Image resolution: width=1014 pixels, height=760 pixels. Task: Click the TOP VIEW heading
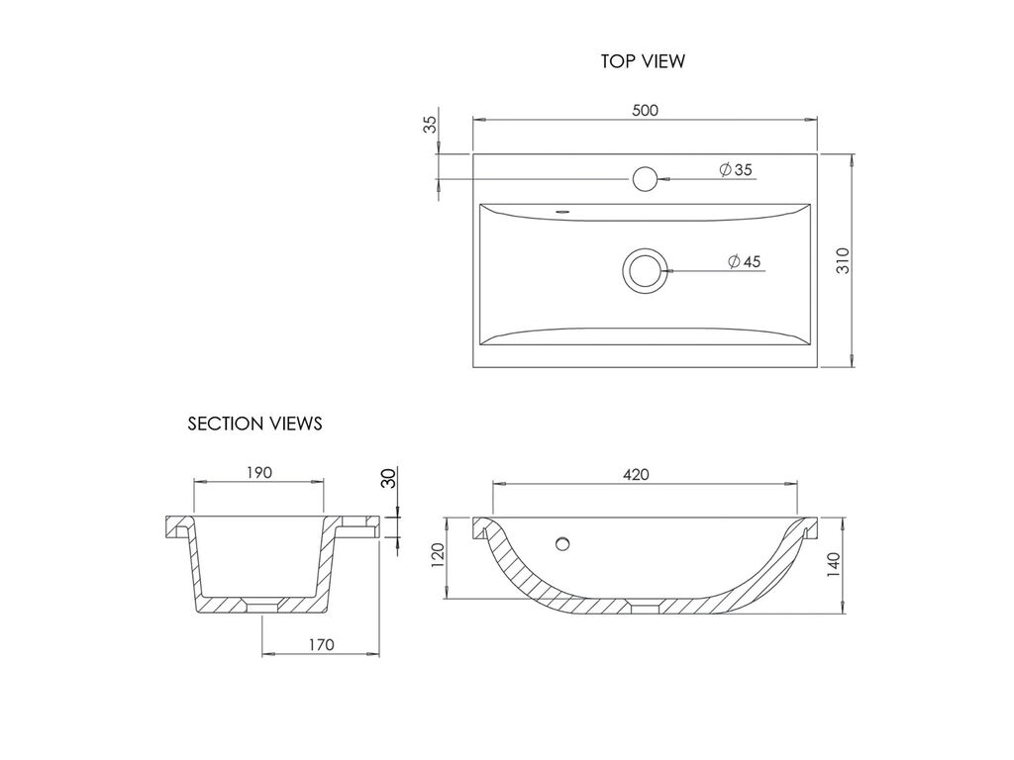click(x=642, y=61)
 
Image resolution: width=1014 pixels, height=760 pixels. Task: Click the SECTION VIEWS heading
click(x=254, y=424)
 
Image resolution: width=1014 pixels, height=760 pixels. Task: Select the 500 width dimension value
click(x=645, y=111)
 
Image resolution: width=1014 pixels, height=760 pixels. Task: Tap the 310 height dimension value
click(x=844, y=260)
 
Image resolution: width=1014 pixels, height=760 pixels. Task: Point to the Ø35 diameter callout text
click(x=736, y=170)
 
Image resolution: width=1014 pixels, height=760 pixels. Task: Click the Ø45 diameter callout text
click(x=745, y=261)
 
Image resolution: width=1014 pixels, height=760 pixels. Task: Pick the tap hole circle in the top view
click(x=645, y=179)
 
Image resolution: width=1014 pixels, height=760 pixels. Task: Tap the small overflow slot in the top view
click(x=562, y=210)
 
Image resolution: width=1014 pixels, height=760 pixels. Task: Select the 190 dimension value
click(x=258, y=473)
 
